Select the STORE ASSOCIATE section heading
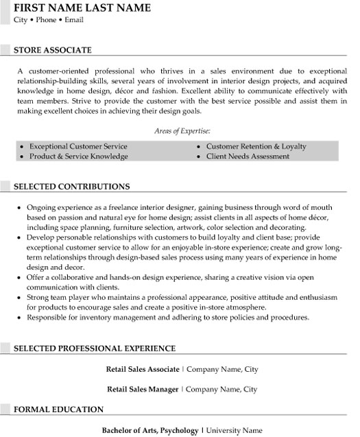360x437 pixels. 53,50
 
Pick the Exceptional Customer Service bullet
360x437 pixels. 78,147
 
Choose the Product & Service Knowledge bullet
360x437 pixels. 78,156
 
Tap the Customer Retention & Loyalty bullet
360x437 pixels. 256,147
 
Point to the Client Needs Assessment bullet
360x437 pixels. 248,156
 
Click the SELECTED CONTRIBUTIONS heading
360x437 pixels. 72,187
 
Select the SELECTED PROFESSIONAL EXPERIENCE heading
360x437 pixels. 95,349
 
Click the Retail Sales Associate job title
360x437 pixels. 143,369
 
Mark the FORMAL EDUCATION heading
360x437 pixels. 59,410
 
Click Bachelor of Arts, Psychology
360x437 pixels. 150,430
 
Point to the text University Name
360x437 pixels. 235,430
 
